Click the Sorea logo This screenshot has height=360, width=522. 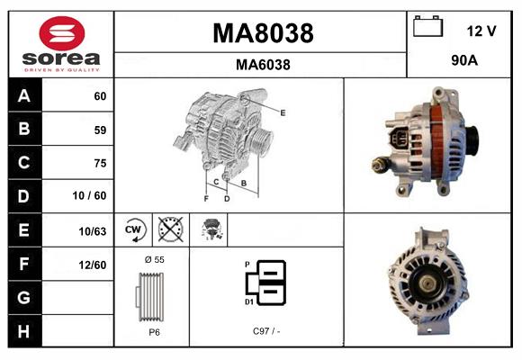tap(61, 44)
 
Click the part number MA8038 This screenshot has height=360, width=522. tap(262, 33)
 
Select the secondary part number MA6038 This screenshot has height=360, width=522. tap(262, 65)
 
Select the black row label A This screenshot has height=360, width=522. tap(24, 95)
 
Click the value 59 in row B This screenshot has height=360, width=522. tap(99, 130)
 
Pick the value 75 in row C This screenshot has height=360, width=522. tap(99, 163)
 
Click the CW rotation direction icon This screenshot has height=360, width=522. tap(134, 230)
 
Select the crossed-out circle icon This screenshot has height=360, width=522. tap(171, 230)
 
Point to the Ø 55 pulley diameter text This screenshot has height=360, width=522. tap(153, 259)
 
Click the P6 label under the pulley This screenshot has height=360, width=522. tap(153, 332)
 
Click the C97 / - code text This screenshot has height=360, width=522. tap(266, 332)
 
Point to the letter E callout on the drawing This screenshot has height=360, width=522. tap(282, 112)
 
